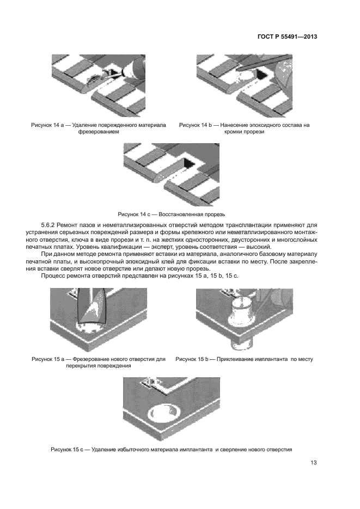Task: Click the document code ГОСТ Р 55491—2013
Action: (287, 37)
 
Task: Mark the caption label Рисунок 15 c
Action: (70, 450)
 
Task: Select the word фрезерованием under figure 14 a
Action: (98, 132)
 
